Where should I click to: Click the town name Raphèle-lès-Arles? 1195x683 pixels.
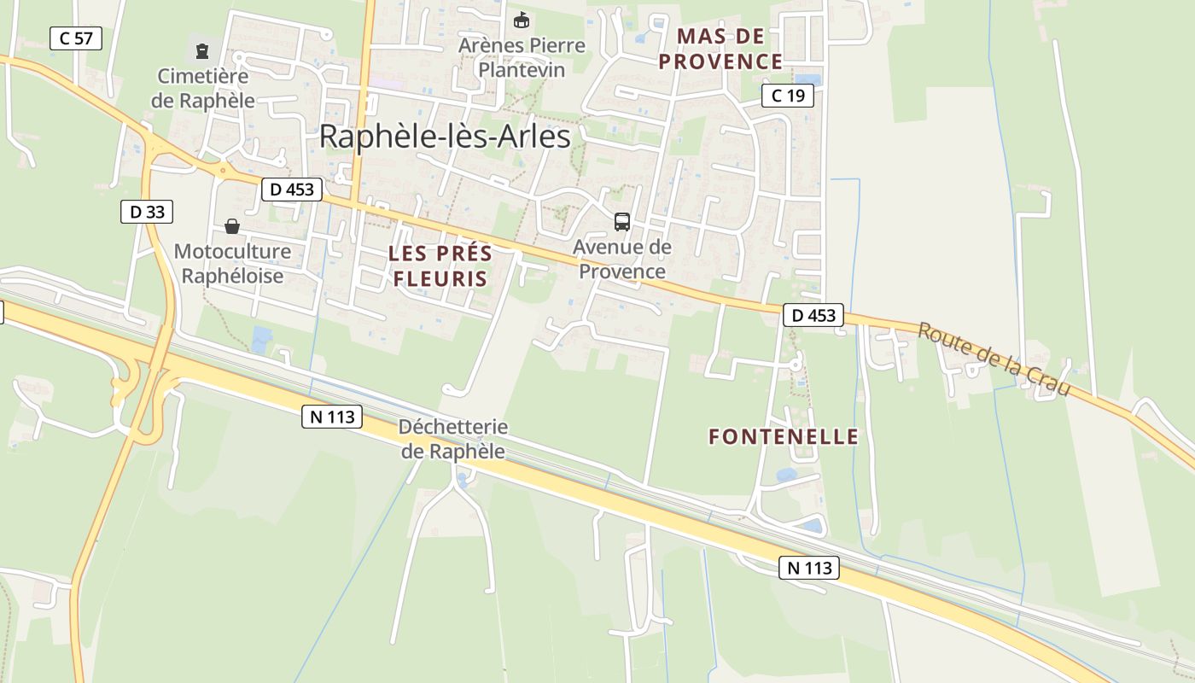click(445, 137)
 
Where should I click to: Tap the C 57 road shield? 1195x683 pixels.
click(76, 38)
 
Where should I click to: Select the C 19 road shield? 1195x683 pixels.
click(787, 96)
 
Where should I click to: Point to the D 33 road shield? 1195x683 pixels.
click(147, 212)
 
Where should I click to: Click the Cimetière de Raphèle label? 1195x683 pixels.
click(203, 88)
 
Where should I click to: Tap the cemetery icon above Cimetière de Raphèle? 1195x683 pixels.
click(201, 51)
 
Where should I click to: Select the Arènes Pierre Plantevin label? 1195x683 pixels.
click(522, 57)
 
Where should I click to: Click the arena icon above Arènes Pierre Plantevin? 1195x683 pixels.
click(521, 20)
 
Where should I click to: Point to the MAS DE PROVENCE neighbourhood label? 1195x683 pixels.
click(721, 49)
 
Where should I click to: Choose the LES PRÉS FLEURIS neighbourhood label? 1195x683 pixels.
click(440, 266)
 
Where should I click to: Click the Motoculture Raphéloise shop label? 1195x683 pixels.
click(232, 264)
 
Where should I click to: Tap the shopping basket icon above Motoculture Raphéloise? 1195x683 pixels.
click(231, 226)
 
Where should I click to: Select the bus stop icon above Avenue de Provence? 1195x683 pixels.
click(622, 222)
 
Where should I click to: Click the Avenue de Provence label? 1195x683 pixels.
click(622, 260)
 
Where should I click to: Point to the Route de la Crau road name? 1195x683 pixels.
click(994, 359)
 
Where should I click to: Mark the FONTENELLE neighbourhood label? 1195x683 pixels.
click(784, 437)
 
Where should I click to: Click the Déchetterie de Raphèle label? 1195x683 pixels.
click(453, 439)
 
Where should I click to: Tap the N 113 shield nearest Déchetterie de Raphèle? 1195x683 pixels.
click(332, 417)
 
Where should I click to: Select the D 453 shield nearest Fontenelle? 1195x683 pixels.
click(813, 316)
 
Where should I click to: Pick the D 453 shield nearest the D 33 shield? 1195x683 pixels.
click(291, 190)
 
